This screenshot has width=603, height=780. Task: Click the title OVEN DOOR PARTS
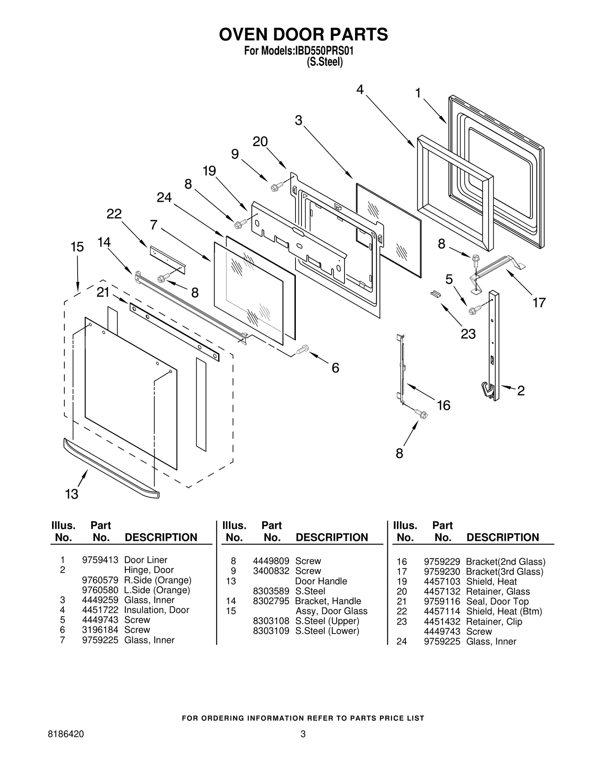(303, 34)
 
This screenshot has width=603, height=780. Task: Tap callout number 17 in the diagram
(539, 302)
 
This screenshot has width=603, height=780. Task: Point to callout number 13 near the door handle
(72, 494)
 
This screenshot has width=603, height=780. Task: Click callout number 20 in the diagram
(260, 142)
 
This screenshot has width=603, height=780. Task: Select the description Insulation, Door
(156, 610)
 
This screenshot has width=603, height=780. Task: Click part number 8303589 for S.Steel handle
(271, 591)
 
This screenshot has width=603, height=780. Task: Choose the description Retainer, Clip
(494, 621)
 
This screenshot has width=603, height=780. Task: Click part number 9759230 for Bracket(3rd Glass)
(442, 572)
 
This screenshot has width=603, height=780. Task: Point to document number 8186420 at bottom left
(66, 734)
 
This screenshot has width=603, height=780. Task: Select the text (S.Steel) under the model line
(324, 62)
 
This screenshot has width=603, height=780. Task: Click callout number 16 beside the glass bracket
(444, 405)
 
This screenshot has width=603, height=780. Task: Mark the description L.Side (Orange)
(157, 590)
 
